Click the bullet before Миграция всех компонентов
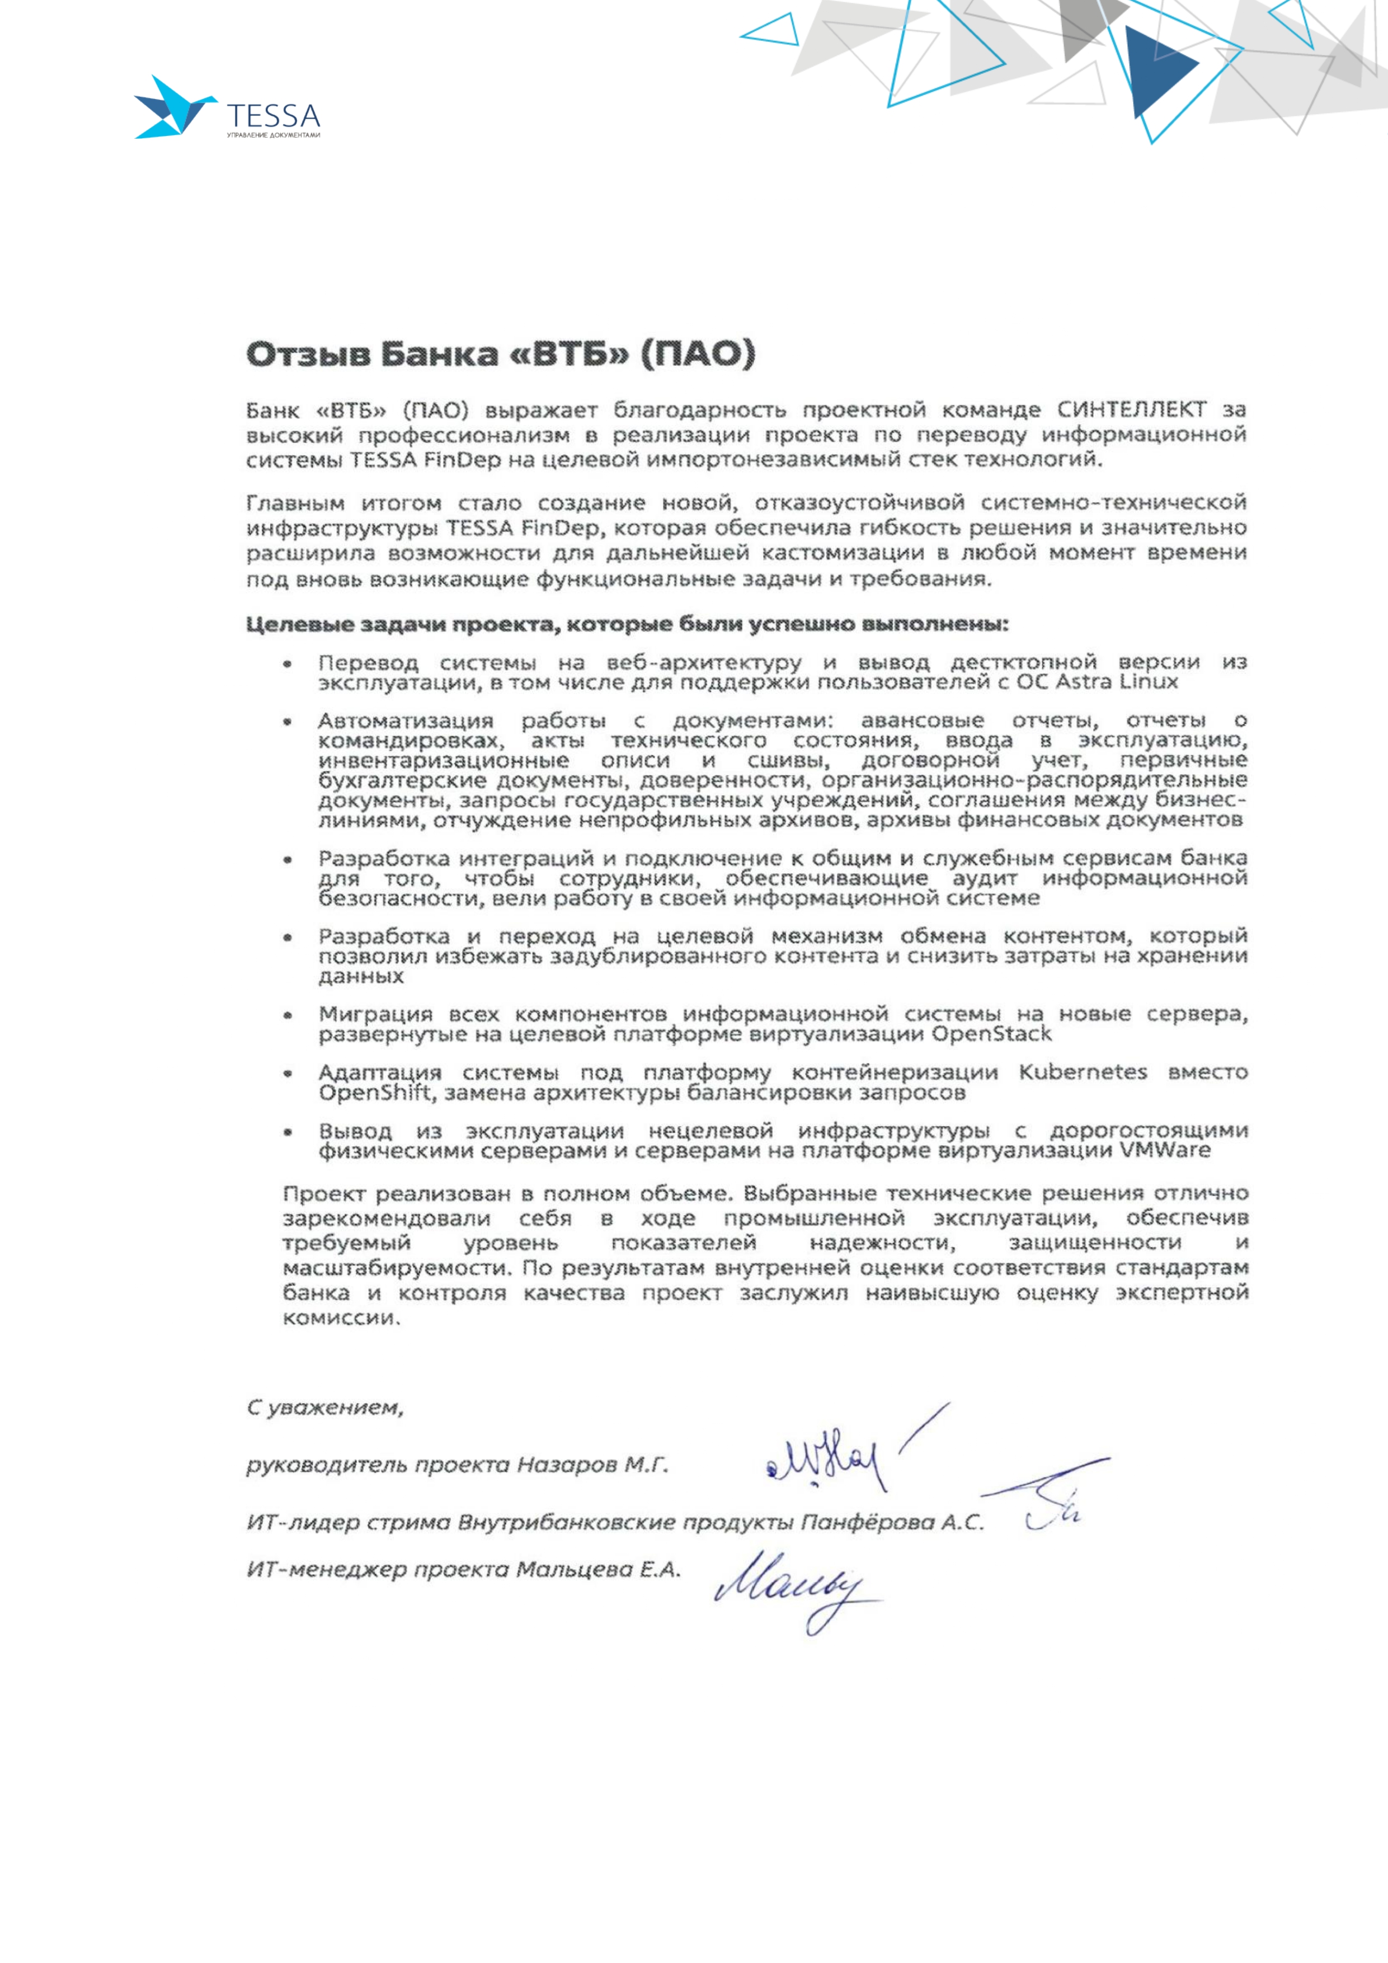coord(288,1016)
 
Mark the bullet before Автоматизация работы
coord(288,722)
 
